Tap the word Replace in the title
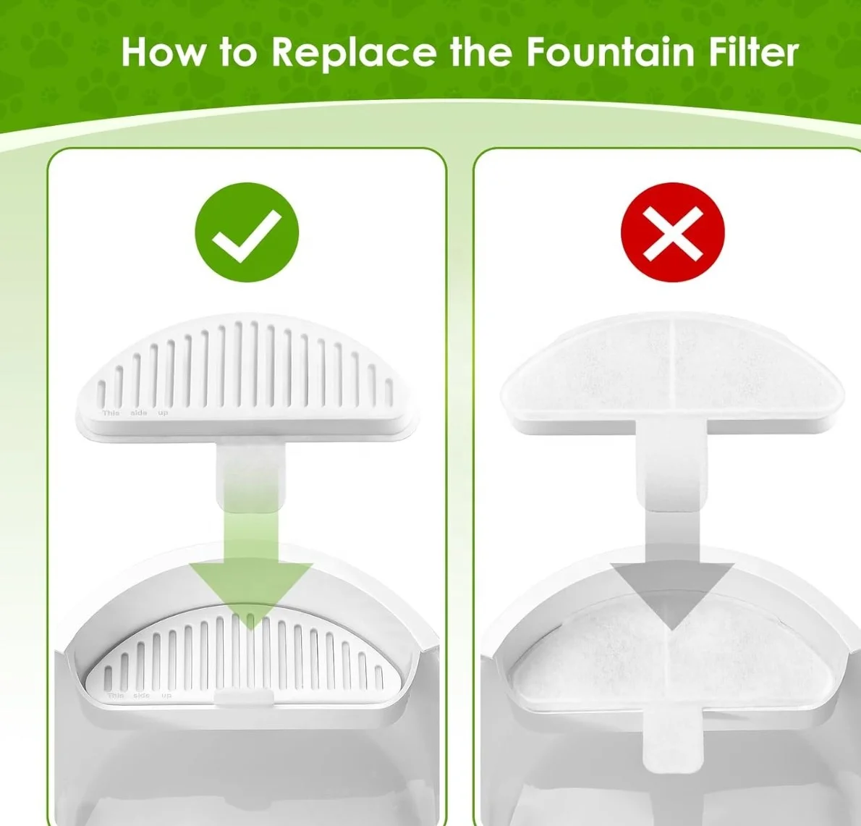pyautogui.click(x=354, y=52)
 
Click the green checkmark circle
pyautogui.click(x=247, y=232)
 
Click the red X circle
pyautogui.click(x=672, y=232)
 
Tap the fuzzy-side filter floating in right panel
pyautogui.click(x=671, y=369)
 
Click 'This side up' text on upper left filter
pyautogui.click(x=135, y=413)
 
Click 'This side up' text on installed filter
pyautogui.click(x=140, y=696)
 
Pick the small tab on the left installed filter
pyautogui.click(x=245, y=696)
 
